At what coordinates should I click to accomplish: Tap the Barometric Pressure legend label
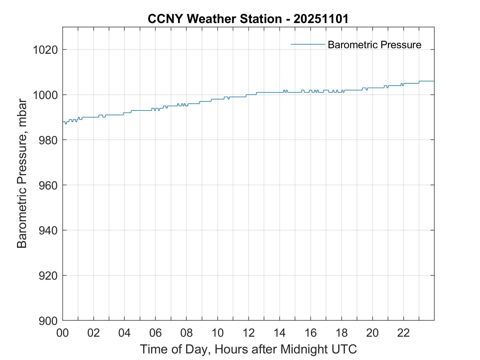click(x=374, y=45)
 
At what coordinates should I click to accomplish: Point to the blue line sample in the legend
click(x=308, y=44)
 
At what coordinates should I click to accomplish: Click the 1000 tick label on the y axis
click(x=45, y=95)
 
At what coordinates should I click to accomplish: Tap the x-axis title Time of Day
click(x=248, y=349)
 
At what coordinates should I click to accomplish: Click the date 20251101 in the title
click(x=321, y=19)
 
